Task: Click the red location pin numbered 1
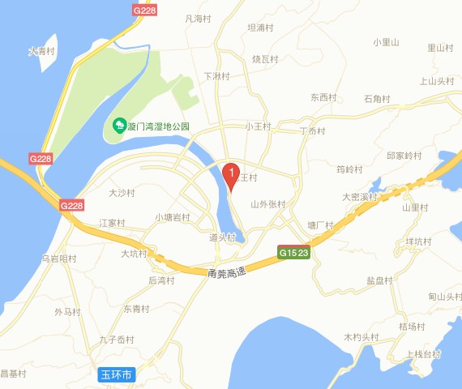(230, 173)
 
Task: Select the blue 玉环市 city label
(117, 375)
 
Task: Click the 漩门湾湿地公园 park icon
(119, 126)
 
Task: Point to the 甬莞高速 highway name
(226, 274)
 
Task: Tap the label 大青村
(41, 51)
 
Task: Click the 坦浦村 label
(259, 28)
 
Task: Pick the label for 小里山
(387, 42)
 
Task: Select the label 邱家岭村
(404, 155)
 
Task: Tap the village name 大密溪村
(360, 197)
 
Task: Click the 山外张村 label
(268, 204)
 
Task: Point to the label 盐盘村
(379, 280)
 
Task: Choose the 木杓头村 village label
(361, 336)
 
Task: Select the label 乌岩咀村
(58, 259)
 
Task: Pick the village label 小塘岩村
(173, 217)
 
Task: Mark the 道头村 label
(222, 237)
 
